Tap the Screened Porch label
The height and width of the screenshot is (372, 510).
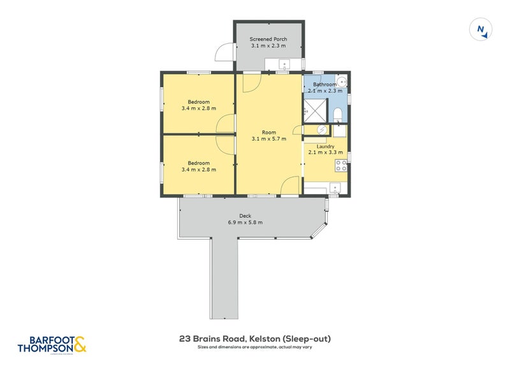point(268,39)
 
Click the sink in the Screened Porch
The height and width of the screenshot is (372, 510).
point(285,63)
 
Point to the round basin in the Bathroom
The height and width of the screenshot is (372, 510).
point(342,82)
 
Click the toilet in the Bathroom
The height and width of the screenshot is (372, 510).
point(339,113)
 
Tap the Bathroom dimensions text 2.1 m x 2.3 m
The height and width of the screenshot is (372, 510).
point(325,91)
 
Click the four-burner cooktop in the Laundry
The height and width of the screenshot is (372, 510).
point(340,166)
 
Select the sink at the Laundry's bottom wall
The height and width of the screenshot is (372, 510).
point(334,187)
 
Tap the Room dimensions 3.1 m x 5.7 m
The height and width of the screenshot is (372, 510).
point(268,138)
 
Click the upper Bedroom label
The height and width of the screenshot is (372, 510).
point(198,101)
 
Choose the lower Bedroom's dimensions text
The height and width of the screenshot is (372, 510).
point(198,169)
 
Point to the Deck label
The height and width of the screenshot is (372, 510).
point(245,215)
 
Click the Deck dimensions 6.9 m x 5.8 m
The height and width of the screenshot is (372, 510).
point(245,222)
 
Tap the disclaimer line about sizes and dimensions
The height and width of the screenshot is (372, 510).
point(254,348)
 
